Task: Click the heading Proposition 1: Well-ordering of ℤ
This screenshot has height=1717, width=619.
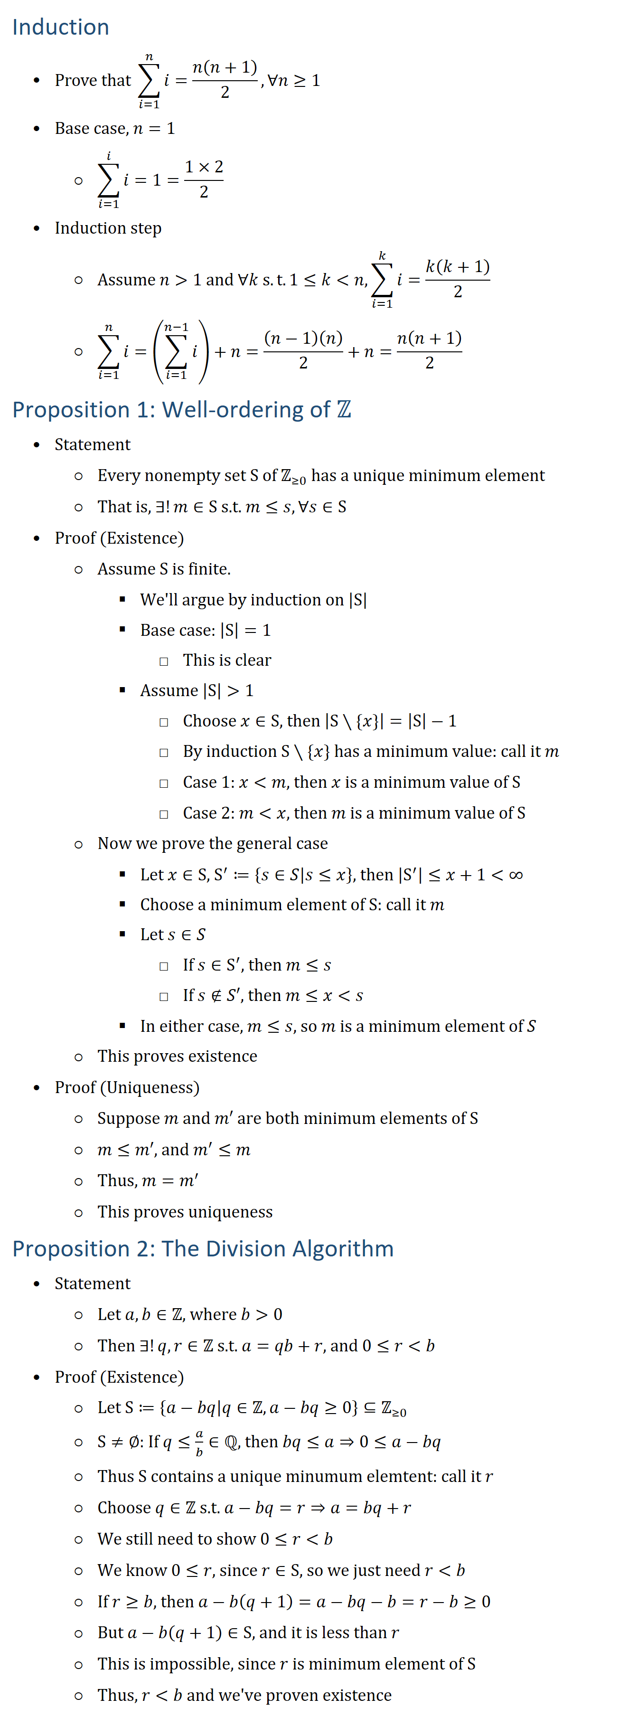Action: click(181, 409)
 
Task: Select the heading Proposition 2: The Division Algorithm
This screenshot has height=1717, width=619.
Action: click(203, 1248)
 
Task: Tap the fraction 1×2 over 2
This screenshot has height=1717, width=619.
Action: click(204, 179)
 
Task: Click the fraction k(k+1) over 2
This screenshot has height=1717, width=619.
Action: click(458, 279)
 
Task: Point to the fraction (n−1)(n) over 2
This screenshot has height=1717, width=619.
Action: click(303, 350)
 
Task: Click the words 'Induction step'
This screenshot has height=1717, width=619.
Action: click(108, 228)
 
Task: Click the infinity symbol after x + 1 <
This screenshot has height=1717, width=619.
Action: click(516, 875)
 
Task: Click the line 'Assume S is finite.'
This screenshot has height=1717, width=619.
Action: click(164, 568)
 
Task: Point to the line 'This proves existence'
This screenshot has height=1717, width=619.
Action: click(177, 1056)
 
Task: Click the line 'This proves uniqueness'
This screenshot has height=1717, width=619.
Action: click(185, 1212)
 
